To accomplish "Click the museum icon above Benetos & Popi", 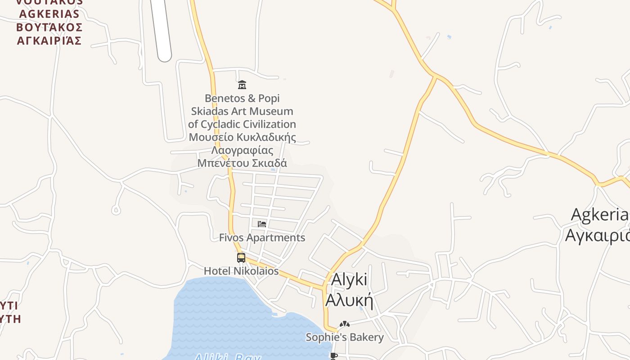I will (x=242, y=85).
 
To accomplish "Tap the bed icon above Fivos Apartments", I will (x=262, y=224).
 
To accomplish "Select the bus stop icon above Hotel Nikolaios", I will (x=241, y=258).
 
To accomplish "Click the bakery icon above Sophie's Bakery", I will (x=344, y=324).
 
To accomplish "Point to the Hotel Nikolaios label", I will (x=241, y=271).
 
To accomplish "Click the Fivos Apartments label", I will (x=262, y=238).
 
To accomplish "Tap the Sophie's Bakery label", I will (x=345, y=337).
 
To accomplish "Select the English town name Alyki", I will (x=349, y=279).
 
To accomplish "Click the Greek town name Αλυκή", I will (x=349, y=300).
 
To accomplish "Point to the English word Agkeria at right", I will (x=599, y=215).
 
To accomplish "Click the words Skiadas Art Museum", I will (x=242, y=111).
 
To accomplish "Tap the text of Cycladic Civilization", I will (x=242, y=124).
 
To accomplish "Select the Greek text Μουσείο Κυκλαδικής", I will (x=242, y=137).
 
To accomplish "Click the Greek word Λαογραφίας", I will (x=242, y=150).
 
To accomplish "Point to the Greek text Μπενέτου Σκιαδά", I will (x=242, y=163).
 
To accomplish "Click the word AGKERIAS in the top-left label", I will (x=49, y=14).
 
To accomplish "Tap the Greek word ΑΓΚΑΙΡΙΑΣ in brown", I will (x=49, y=40).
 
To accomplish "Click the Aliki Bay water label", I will (x=227, y=357).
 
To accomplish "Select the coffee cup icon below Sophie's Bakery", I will (x=333, y=356).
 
